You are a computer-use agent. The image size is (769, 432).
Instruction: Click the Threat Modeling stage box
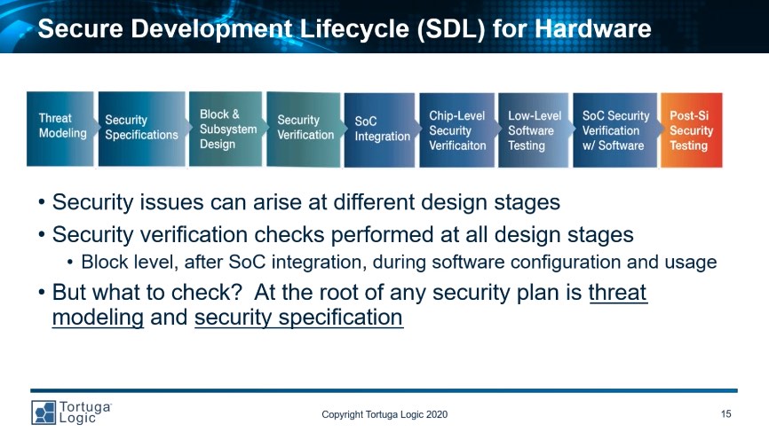59,129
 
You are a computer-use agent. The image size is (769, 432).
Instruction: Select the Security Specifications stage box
142,129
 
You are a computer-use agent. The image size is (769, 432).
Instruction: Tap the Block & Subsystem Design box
226,129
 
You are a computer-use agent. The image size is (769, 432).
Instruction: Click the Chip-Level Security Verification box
457,130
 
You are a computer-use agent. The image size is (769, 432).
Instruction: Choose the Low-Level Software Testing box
534,130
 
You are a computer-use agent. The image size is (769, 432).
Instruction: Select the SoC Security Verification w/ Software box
615,130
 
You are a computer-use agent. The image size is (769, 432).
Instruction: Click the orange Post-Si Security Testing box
692,130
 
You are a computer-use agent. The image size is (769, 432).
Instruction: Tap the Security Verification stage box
304,130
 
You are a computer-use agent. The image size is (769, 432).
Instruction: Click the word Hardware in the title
593,28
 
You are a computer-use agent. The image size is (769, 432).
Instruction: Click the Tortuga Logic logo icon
44,412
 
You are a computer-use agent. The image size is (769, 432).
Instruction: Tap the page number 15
725,414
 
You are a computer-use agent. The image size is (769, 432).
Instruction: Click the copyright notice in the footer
384,414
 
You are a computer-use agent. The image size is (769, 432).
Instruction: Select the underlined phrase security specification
298,317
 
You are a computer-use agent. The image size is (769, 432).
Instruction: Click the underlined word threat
618,293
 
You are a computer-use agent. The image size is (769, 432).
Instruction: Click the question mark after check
236,292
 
